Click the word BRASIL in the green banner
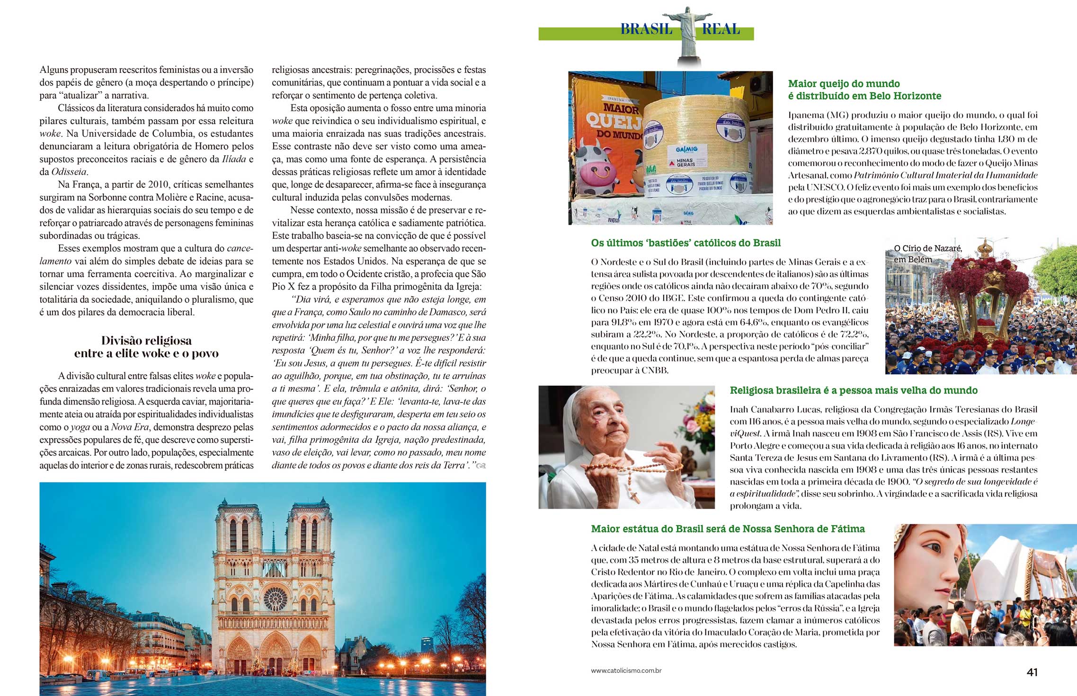[646, 29]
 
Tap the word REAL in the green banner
[721, 29]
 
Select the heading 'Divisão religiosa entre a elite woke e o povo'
[146, 347]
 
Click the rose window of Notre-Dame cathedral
[275, 599]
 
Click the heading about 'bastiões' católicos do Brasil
[685, 243]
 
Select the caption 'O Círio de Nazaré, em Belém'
[927, 254]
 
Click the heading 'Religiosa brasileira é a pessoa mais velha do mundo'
[854, 390]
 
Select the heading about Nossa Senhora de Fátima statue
[728, 529]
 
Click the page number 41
[1032, 672]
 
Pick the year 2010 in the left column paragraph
[158, 185]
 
